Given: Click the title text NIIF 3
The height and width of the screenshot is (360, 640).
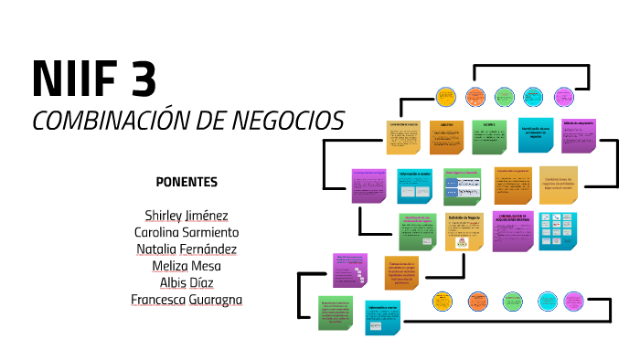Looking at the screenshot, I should (x=94, y=79).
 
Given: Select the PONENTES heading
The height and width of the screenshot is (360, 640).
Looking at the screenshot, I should (x=187, y=181).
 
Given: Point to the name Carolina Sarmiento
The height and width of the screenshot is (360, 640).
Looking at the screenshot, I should (x=187, y=232).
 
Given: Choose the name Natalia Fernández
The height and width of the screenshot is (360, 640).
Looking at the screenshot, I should (x=187, y=249).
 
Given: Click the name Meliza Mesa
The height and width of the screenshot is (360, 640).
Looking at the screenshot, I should (x=187, y=265).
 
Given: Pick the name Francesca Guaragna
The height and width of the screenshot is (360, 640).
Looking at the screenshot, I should (x=187, y=299).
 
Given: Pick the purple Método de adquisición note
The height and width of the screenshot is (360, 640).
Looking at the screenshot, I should (x=578, y=134).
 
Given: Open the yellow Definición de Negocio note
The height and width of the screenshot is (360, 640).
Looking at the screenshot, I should (x=464, y=231).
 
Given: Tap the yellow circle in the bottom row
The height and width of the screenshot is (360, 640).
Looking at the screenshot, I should (x=443, y=300).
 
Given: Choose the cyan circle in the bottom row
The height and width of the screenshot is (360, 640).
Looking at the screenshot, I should (x=548, y=300).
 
